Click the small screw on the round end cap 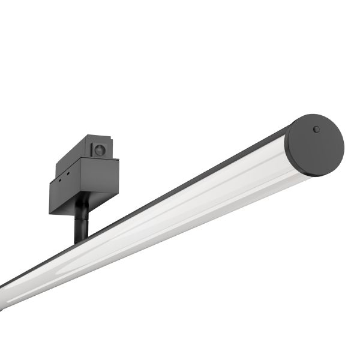pos(316,128)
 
